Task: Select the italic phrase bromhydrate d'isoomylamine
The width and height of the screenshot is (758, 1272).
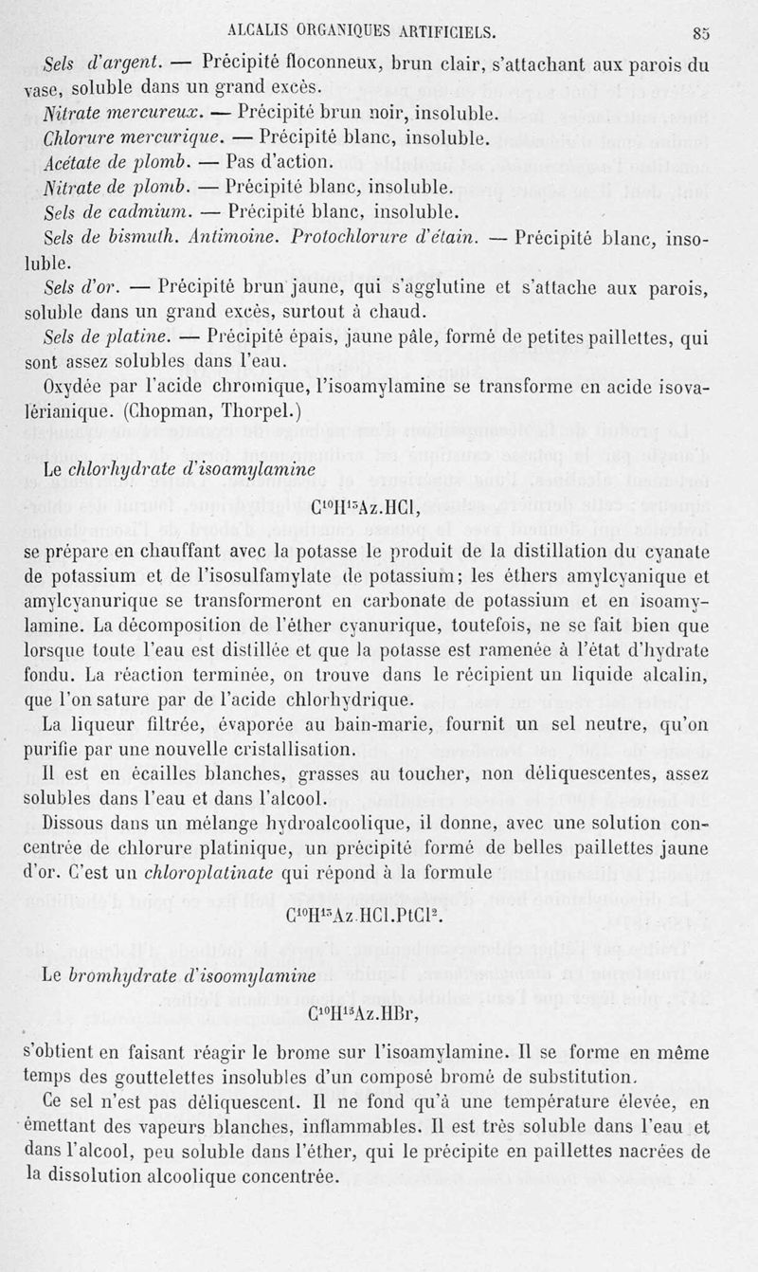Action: (x=193, y=975)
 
